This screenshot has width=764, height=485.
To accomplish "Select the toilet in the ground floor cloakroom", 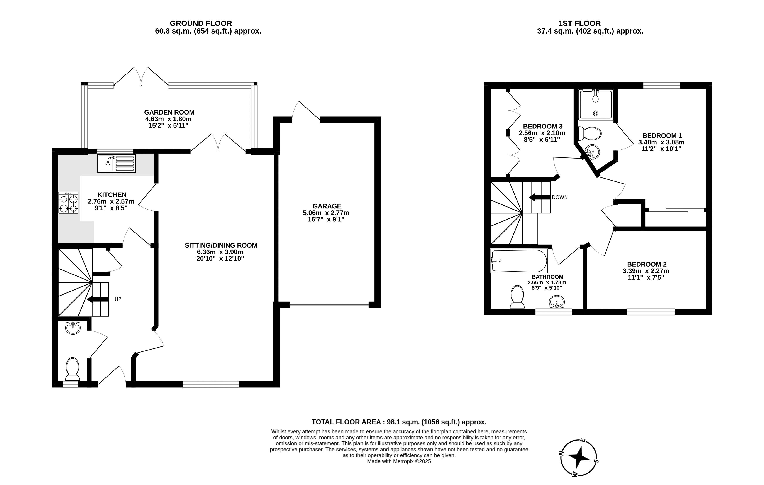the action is [x=72, y=368].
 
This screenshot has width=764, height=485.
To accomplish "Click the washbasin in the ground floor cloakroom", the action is [x=73, y=328].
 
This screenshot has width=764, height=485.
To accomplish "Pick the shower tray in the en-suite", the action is [x=596, y=105].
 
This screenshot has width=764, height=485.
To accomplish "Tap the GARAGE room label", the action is [x=327, y=206].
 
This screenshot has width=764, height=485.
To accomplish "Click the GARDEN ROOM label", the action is [x=169, y=112].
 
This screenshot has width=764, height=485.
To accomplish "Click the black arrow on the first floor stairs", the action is [x=539, y=197].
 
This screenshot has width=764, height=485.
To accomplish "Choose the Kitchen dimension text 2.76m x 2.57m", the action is [x=111, y=201].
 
